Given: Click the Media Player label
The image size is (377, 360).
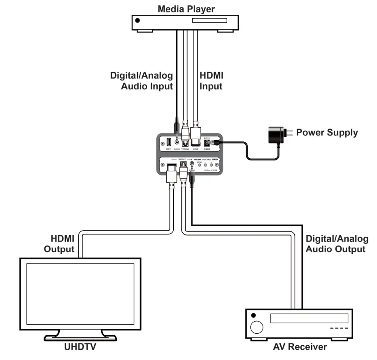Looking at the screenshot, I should tap(186, 8).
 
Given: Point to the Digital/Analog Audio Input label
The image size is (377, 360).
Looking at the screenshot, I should tap(142, 81).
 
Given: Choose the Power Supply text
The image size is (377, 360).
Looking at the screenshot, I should tap(327, 133).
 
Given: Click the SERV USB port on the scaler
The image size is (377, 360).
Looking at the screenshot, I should tap(168, 143).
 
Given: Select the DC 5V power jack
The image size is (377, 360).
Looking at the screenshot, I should tap(207, 143).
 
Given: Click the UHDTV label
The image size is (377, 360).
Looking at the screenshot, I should tap(80, 347).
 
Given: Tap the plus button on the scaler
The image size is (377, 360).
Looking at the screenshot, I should tap(212, 165).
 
